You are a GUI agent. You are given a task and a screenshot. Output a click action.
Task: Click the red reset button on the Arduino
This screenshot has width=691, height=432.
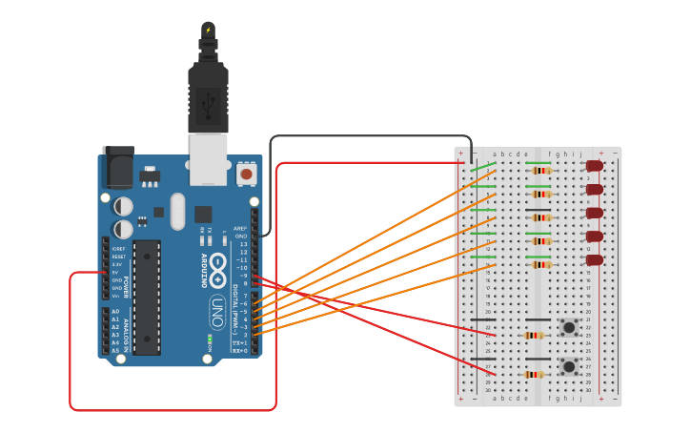click(x=246, y=174)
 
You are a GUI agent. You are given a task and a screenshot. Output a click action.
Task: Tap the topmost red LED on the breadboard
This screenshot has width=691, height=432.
click(x=595, y=166)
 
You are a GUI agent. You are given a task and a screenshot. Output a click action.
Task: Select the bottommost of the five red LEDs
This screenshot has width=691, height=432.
click(x=595, y=260)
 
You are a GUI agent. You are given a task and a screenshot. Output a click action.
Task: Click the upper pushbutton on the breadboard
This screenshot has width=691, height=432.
click(x=569, y=327)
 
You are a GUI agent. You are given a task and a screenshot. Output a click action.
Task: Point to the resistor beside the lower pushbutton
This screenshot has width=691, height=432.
click(x=534, y=375)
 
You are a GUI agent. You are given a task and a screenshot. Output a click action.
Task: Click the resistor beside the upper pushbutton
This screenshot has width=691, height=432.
click(x=534, y=336)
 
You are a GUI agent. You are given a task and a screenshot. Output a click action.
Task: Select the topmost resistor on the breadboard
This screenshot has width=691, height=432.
click(x=541, y=171)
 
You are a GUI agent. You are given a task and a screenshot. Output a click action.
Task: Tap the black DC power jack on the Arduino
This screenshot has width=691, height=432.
click(x=118, y=169)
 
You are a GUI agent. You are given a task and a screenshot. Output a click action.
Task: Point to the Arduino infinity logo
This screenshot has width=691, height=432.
click(x=217, y=269)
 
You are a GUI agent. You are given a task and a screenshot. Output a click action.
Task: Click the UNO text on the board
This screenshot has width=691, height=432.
click(x=217, y=312)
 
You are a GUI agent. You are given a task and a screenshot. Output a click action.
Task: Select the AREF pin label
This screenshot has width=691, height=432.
click(x=240, y=228)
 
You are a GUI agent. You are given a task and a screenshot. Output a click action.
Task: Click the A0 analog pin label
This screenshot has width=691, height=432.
click(x=115, y=312)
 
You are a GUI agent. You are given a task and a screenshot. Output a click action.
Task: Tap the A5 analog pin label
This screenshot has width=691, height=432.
click(x=115, y=351)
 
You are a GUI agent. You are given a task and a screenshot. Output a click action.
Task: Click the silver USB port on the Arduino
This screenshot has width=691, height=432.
click(x=208, y=157)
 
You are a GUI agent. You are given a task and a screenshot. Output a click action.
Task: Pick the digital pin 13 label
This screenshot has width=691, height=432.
click(x=242, y=244)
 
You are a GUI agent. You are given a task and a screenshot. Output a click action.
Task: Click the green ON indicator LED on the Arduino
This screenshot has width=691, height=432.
click(x=209, y=339)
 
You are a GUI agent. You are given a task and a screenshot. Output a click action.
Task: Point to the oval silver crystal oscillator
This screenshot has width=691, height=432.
click(x=177, y=211)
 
